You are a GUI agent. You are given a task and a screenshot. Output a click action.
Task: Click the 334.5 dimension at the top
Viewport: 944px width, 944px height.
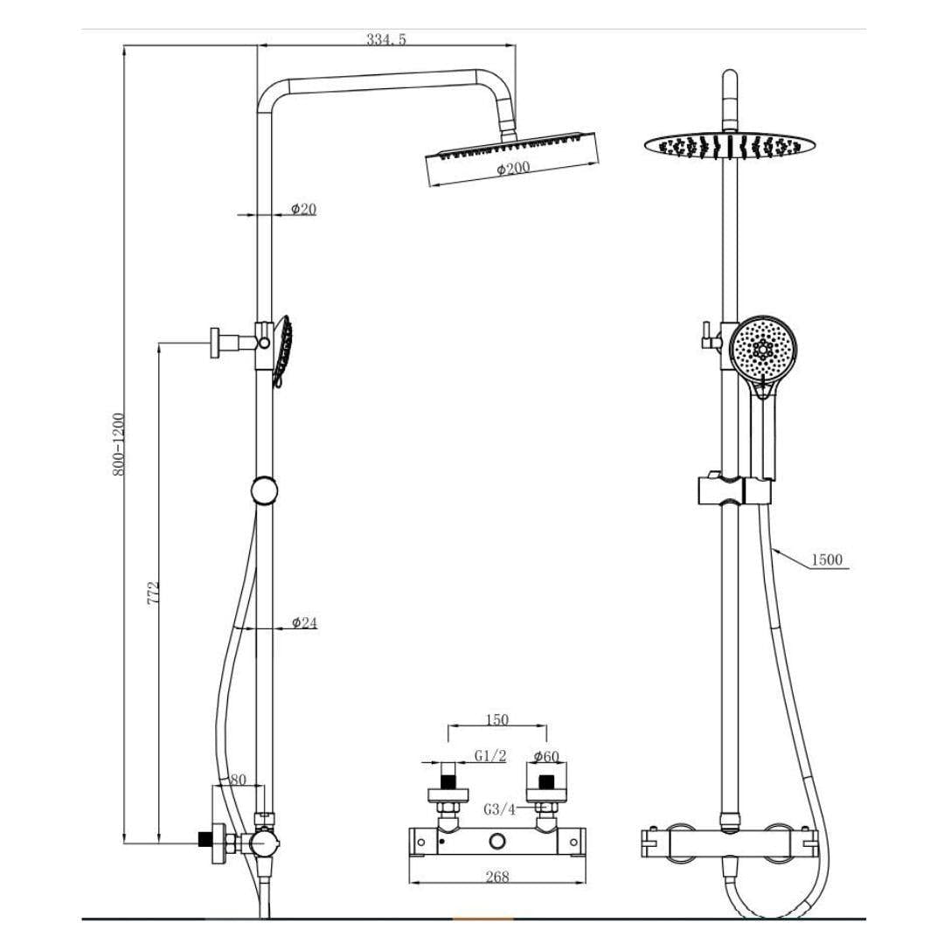point(386,39)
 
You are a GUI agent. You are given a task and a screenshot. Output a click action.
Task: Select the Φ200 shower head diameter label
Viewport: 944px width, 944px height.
point(514,169)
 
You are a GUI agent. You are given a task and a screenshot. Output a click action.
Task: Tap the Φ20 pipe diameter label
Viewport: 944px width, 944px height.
point(303,209)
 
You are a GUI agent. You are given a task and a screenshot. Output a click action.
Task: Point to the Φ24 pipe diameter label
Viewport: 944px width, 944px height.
point(304,622)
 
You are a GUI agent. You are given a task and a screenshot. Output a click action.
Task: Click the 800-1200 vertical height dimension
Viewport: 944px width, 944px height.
point(119,444)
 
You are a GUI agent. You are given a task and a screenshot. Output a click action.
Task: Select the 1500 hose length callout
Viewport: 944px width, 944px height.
point(827,559)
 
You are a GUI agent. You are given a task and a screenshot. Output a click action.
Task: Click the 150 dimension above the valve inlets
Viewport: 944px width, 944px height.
point(496,720)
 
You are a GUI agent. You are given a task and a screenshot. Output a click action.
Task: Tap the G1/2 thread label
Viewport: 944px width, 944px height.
point(490,756)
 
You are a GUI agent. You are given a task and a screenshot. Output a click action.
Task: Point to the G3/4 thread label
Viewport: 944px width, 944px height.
point(499,809)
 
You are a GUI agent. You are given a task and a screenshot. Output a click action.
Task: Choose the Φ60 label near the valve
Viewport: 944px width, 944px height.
point(546,756)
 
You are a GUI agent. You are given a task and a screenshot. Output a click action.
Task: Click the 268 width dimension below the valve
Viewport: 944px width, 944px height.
point(496,877)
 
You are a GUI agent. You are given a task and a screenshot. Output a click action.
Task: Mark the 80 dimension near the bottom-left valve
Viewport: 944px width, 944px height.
point(238,780)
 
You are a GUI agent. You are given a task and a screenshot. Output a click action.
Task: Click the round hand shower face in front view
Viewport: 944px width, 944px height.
point(763,351)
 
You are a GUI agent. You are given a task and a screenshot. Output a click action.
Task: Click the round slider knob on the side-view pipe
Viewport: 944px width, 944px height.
point(265,490)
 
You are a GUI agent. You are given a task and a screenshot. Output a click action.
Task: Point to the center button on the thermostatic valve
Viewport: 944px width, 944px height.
point(498,842)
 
